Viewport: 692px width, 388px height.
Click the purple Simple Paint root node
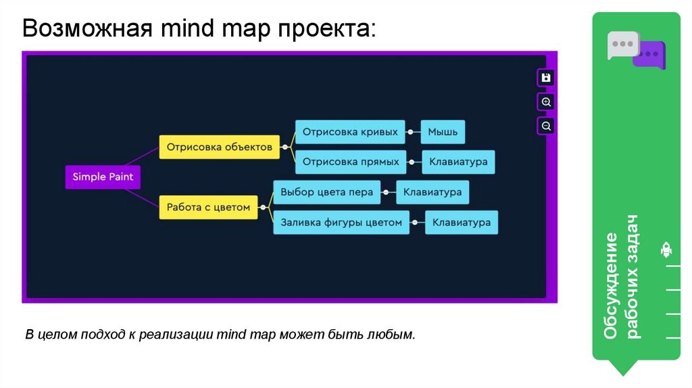(x=103, y=177)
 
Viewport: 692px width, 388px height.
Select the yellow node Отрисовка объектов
(x=220, y=147)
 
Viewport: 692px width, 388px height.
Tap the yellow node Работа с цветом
(x=209, y=208)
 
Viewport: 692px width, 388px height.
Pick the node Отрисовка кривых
(x=350, y=132)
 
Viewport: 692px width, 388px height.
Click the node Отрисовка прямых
(x=351, y=162)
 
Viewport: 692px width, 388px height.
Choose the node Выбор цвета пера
(x=327, y=192)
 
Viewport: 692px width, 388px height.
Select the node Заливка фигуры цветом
(x=341, y=222)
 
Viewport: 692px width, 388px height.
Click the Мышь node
(x=443, y=132)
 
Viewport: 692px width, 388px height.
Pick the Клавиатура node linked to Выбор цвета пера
(x=432, y=192)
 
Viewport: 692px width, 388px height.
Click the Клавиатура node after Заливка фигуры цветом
(x=462, y=222)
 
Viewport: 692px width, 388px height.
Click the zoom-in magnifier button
(x=547, y=102)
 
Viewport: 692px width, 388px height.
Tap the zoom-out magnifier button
(x=547, y=126)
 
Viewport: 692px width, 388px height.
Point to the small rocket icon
(x=666, y=250)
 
